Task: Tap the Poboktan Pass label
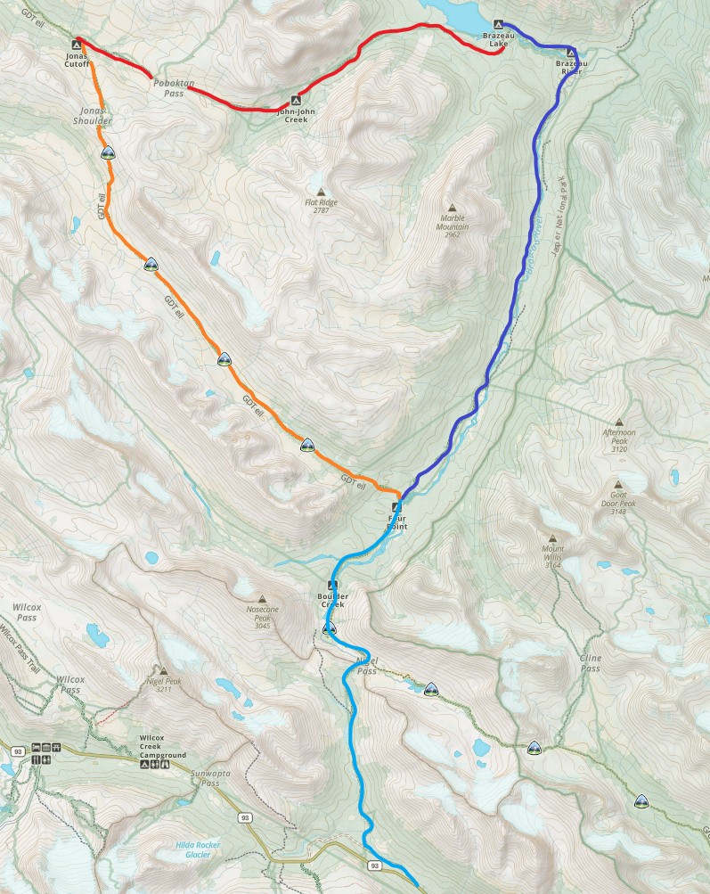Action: point(168,87)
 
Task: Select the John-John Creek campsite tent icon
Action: point(296,100)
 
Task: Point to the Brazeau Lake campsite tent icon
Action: point(498,24)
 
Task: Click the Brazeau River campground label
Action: point(568,66)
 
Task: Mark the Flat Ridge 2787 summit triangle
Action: point(321,193)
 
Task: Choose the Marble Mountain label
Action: point(453,222)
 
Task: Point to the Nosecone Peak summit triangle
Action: point(263,599)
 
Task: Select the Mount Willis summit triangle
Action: point(553,538)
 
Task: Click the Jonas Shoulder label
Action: point(93,115)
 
